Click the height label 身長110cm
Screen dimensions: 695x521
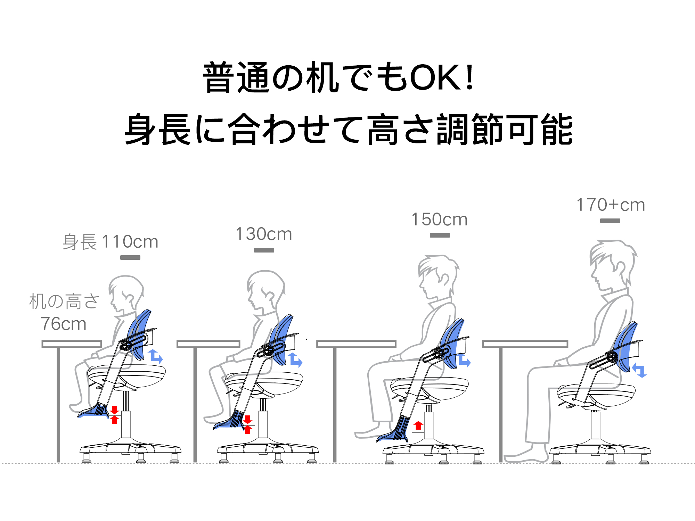click(111, 241)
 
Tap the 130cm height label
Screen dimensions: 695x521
click(264, 234)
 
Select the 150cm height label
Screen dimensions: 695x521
click(440, 219)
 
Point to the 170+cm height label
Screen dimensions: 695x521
click(611, 205)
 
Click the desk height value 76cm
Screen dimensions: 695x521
click(63, 324)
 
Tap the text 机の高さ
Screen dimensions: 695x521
click(64, 301)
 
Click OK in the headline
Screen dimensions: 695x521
click(436, 77)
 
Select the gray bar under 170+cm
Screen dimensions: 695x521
click(610, 221)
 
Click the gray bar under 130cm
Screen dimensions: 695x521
click(264, 250)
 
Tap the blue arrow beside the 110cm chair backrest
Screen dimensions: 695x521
click(155, 357)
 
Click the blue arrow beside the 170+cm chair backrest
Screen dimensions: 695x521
click(639, 370)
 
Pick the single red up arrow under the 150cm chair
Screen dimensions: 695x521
click(418, 425)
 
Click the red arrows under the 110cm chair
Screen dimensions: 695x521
click(114, 415)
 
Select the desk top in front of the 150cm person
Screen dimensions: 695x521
click(356, 344)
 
